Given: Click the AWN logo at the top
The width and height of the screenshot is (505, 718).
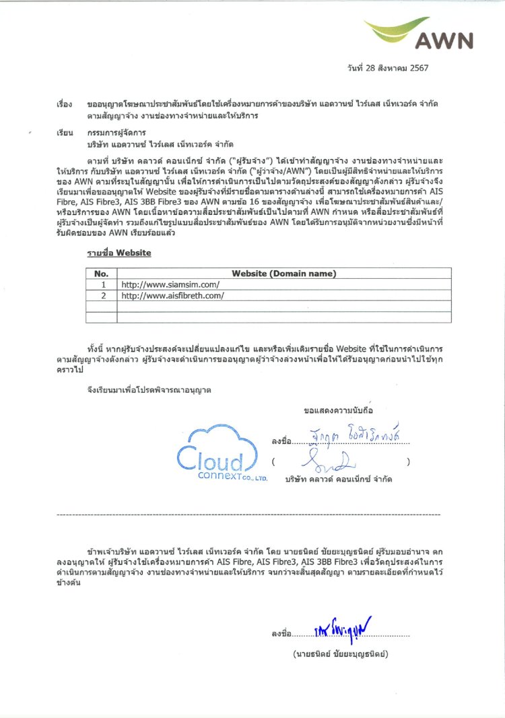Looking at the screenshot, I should click(438, 33).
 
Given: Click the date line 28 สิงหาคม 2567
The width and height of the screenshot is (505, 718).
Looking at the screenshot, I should click(388, 68).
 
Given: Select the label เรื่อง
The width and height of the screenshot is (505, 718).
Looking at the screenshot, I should click(65, 106).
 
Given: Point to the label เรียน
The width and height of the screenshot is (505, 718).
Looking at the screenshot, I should click(65, 134).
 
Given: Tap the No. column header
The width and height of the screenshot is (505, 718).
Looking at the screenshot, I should click(101, 273).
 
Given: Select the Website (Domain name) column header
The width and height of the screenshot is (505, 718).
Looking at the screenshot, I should click(283, 273).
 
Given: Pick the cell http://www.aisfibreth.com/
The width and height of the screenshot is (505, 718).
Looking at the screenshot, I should click(172, 295).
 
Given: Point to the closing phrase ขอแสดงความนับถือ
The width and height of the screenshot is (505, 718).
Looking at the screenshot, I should click(338, 410).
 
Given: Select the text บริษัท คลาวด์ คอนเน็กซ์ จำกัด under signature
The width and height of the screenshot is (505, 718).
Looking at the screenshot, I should click(339, 479).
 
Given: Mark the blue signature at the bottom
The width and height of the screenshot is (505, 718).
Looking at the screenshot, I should click(343, 630).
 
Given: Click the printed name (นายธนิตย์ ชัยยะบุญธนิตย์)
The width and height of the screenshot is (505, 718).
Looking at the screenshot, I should click(341, 654).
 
